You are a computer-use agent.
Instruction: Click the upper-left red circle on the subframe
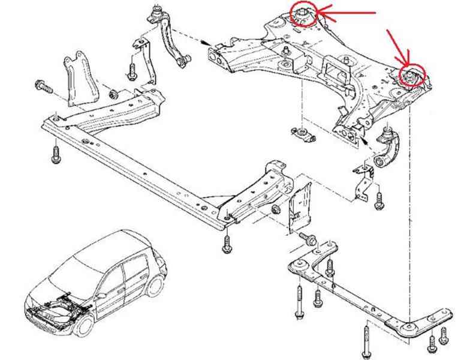(x=303, y=14)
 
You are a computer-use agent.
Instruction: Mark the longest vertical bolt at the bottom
(x=365, y=340)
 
